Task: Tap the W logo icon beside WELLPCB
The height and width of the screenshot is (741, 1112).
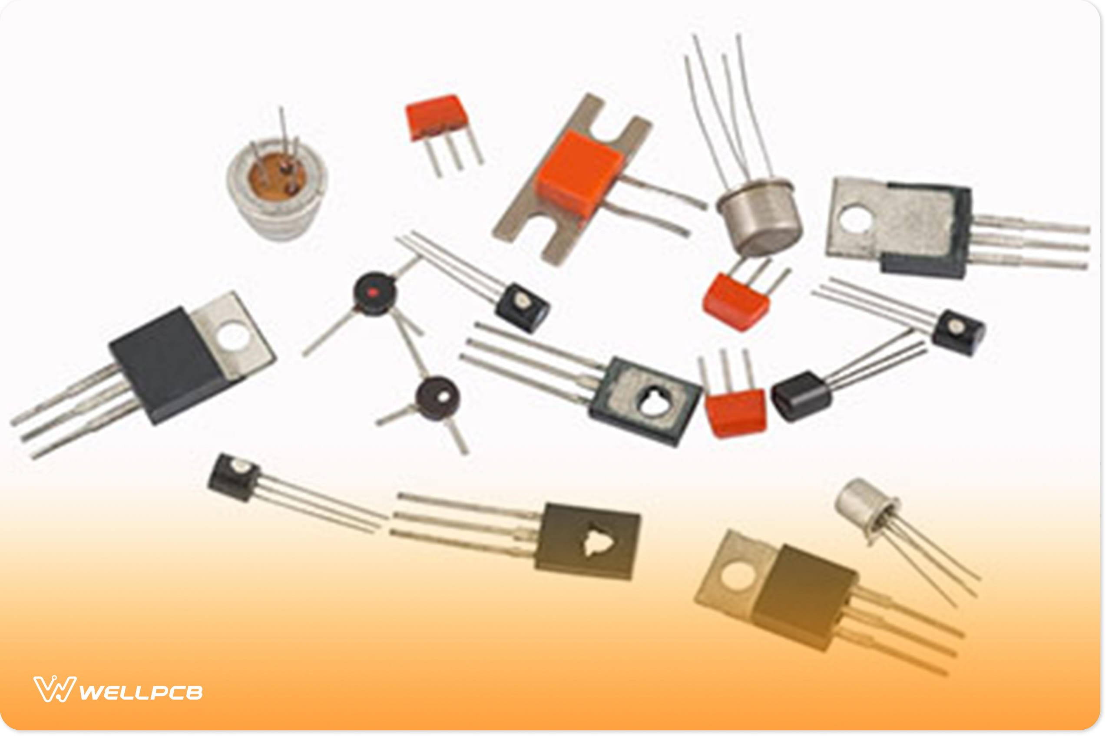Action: point(54,689)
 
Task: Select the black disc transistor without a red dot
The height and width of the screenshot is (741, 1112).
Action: point(438,398)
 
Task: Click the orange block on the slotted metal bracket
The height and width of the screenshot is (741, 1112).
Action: point(578,174)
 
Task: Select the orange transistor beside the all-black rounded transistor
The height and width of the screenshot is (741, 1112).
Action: point(735,412)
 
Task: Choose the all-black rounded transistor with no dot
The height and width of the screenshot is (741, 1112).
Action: point(801,396)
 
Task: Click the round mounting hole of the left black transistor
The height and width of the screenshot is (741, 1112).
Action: point(234,335)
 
